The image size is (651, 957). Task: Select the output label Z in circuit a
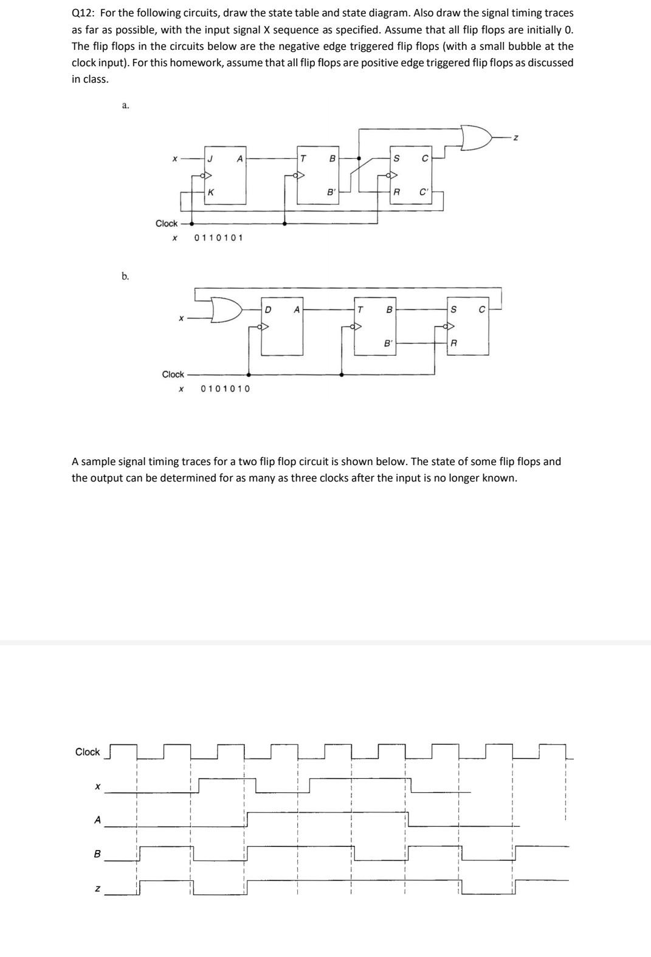(x=515, y=139)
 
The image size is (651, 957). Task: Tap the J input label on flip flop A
(x=210, y=159)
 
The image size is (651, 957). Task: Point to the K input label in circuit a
(x=210, y=192)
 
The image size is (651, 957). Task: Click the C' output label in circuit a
(x=424, y=192)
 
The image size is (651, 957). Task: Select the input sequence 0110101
(x=218, y=238)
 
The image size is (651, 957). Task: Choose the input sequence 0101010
(x=225, y=389)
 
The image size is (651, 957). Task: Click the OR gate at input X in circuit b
(x=225, y=309)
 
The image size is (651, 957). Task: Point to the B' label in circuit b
(x=387, y=343)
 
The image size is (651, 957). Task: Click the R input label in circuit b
(x=453, y=344)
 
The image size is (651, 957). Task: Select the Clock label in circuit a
(x=167, y=223)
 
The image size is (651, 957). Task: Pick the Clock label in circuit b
(x=173, y=374)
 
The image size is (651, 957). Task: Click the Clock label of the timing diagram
(x=88, y=752)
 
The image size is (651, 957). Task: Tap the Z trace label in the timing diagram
(x=97, y=889)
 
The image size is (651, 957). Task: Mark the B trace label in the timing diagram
(x=97, y=854)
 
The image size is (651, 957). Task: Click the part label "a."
(x=125, y=105)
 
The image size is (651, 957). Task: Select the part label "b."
(x=125, y=276)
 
